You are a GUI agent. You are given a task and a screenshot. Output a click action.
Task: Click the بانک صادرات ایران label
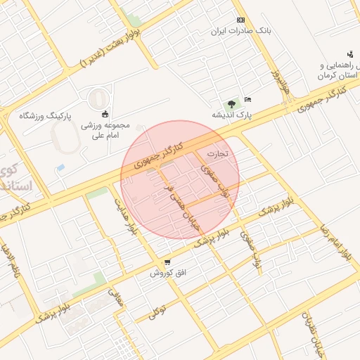[x=241, y=32]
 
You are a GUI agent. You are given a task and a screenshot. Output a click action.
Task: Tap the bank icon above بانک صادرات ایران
[x=241, y=20]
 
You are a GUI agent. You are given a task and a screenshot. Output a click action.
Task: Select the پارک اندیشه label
[x=233, y=113]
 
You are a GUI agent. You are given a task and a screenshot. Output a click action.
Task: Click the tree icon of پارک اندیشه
[x=233, y=103]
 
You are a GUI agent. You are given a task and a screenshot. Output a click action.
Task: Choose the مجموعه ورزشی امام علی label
[x=105, y=129]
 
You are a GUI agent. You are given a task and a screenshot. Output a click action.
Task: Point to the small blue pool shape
[x=60, y=168]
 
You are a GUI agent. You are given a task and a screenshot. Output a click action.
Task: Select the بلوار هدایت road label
[x=126, y=217]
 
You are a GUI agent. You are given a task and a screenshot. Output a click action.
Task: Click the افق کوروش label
[x=167, y=273]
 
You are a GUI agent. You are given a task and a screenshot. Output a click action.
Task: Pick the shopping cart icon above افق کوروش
[x=167, y=263]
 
